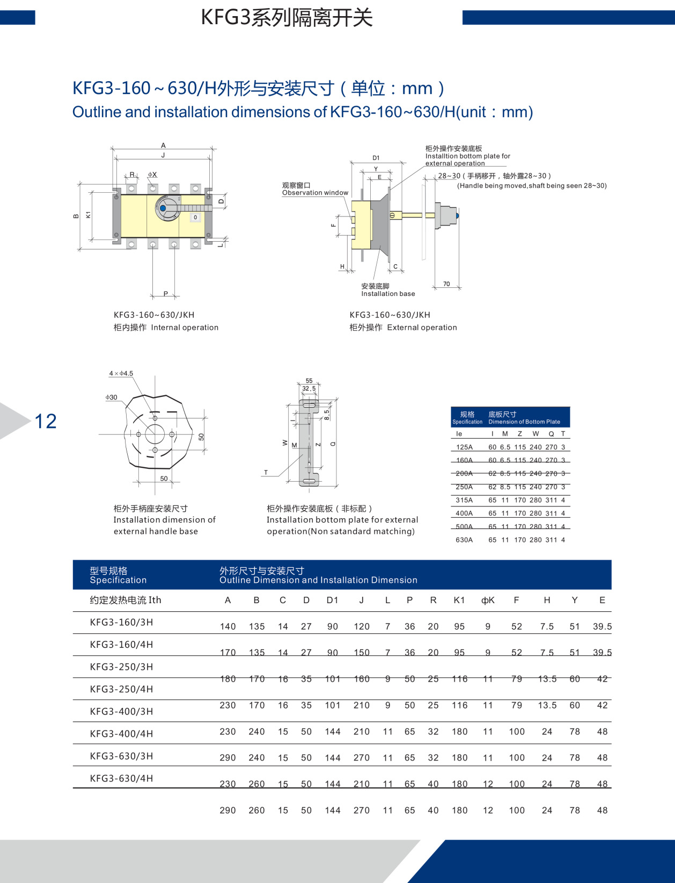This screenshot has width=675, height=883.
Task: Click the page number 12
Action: pyautogui.click(x=46, y=421)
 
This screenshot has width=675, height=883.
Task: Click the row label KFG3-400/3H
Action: pyautogui.click(x=121, y=711)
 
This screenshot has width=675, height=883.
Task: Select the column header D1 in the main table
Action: pyautogui.click(x=332, y=600)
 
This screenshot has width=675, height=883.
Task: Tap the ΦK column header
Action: pyautogui.click(x=488, y=600)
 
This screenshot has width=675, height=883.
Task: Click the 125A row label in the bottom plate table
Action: pyautogui.click(x=464, y=447)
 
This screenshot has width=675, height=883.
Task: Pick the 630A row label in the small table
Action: pyautogui.click(x=464, y=540)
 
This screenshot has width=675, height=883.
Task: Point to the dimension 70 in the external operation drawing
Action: pyautogui.click(x=446, y=284)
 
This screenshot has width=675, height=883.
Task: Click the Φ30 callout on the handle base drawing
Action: pyautogui.click(x=111, y=397)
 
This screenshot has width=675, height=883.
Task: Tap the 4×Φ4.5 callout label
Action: pyautogui.click(x=121, y=373)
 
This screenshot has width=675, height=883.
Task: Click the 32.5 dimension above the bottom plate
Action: pyautogui.click(x=309, y=388)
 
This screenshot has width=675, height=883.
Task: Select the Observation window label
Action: pyautogui.click(x=315, y=193)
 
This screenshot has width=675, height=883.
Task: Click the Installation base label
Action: pyautogui.click(x=388, y=294)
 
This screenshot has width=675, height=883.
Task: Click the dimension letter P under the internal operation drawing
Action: pyautogui.click(x=165, y=293)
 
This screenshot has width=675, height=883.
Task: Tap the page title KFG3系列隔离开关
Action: pyautogui.click(x=287, y=18)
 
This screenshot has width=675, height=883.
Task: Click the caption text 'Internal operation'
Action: pyautogui.click(x=185, y=327)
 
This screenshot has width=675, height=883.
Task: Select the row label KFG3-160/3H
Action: pyautogui.click(x=121, y=622)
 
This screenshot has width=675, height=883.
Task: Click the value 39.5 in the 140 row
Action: pyautogui.click(x=602, y=626)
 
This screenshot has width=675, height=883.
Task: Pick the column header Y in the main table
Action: pyautogui.click(x=574, y=600)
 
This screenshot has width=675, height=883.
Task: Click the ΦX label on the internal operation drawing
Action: pyautogui.click(x=152, y=175)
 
